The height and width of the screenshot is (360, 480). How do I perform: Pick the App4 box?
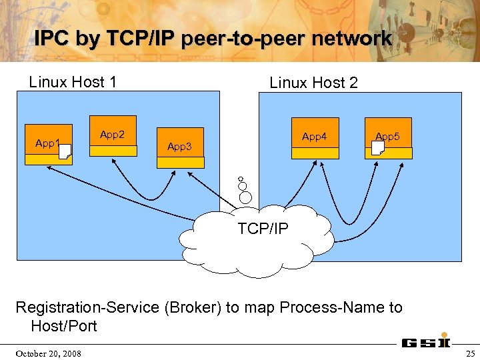(315, 138)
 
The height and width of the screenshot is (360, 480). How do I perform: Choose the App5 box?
(388, 138)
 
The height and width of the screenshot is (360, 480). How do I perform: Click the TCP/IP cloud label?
(263, 229)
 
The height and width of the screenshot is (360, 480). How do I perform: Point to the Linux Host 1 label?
(73, 82)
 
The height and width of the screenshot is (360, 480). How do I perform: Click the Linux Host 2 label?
(313, 83)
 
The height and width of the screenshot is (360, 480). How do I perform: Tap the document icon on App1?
(65, 153)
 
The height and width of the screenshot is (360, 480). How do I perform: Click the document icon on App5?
(378, 147)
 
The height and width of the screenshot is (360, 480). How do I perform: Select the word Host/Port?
(64, 326)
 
